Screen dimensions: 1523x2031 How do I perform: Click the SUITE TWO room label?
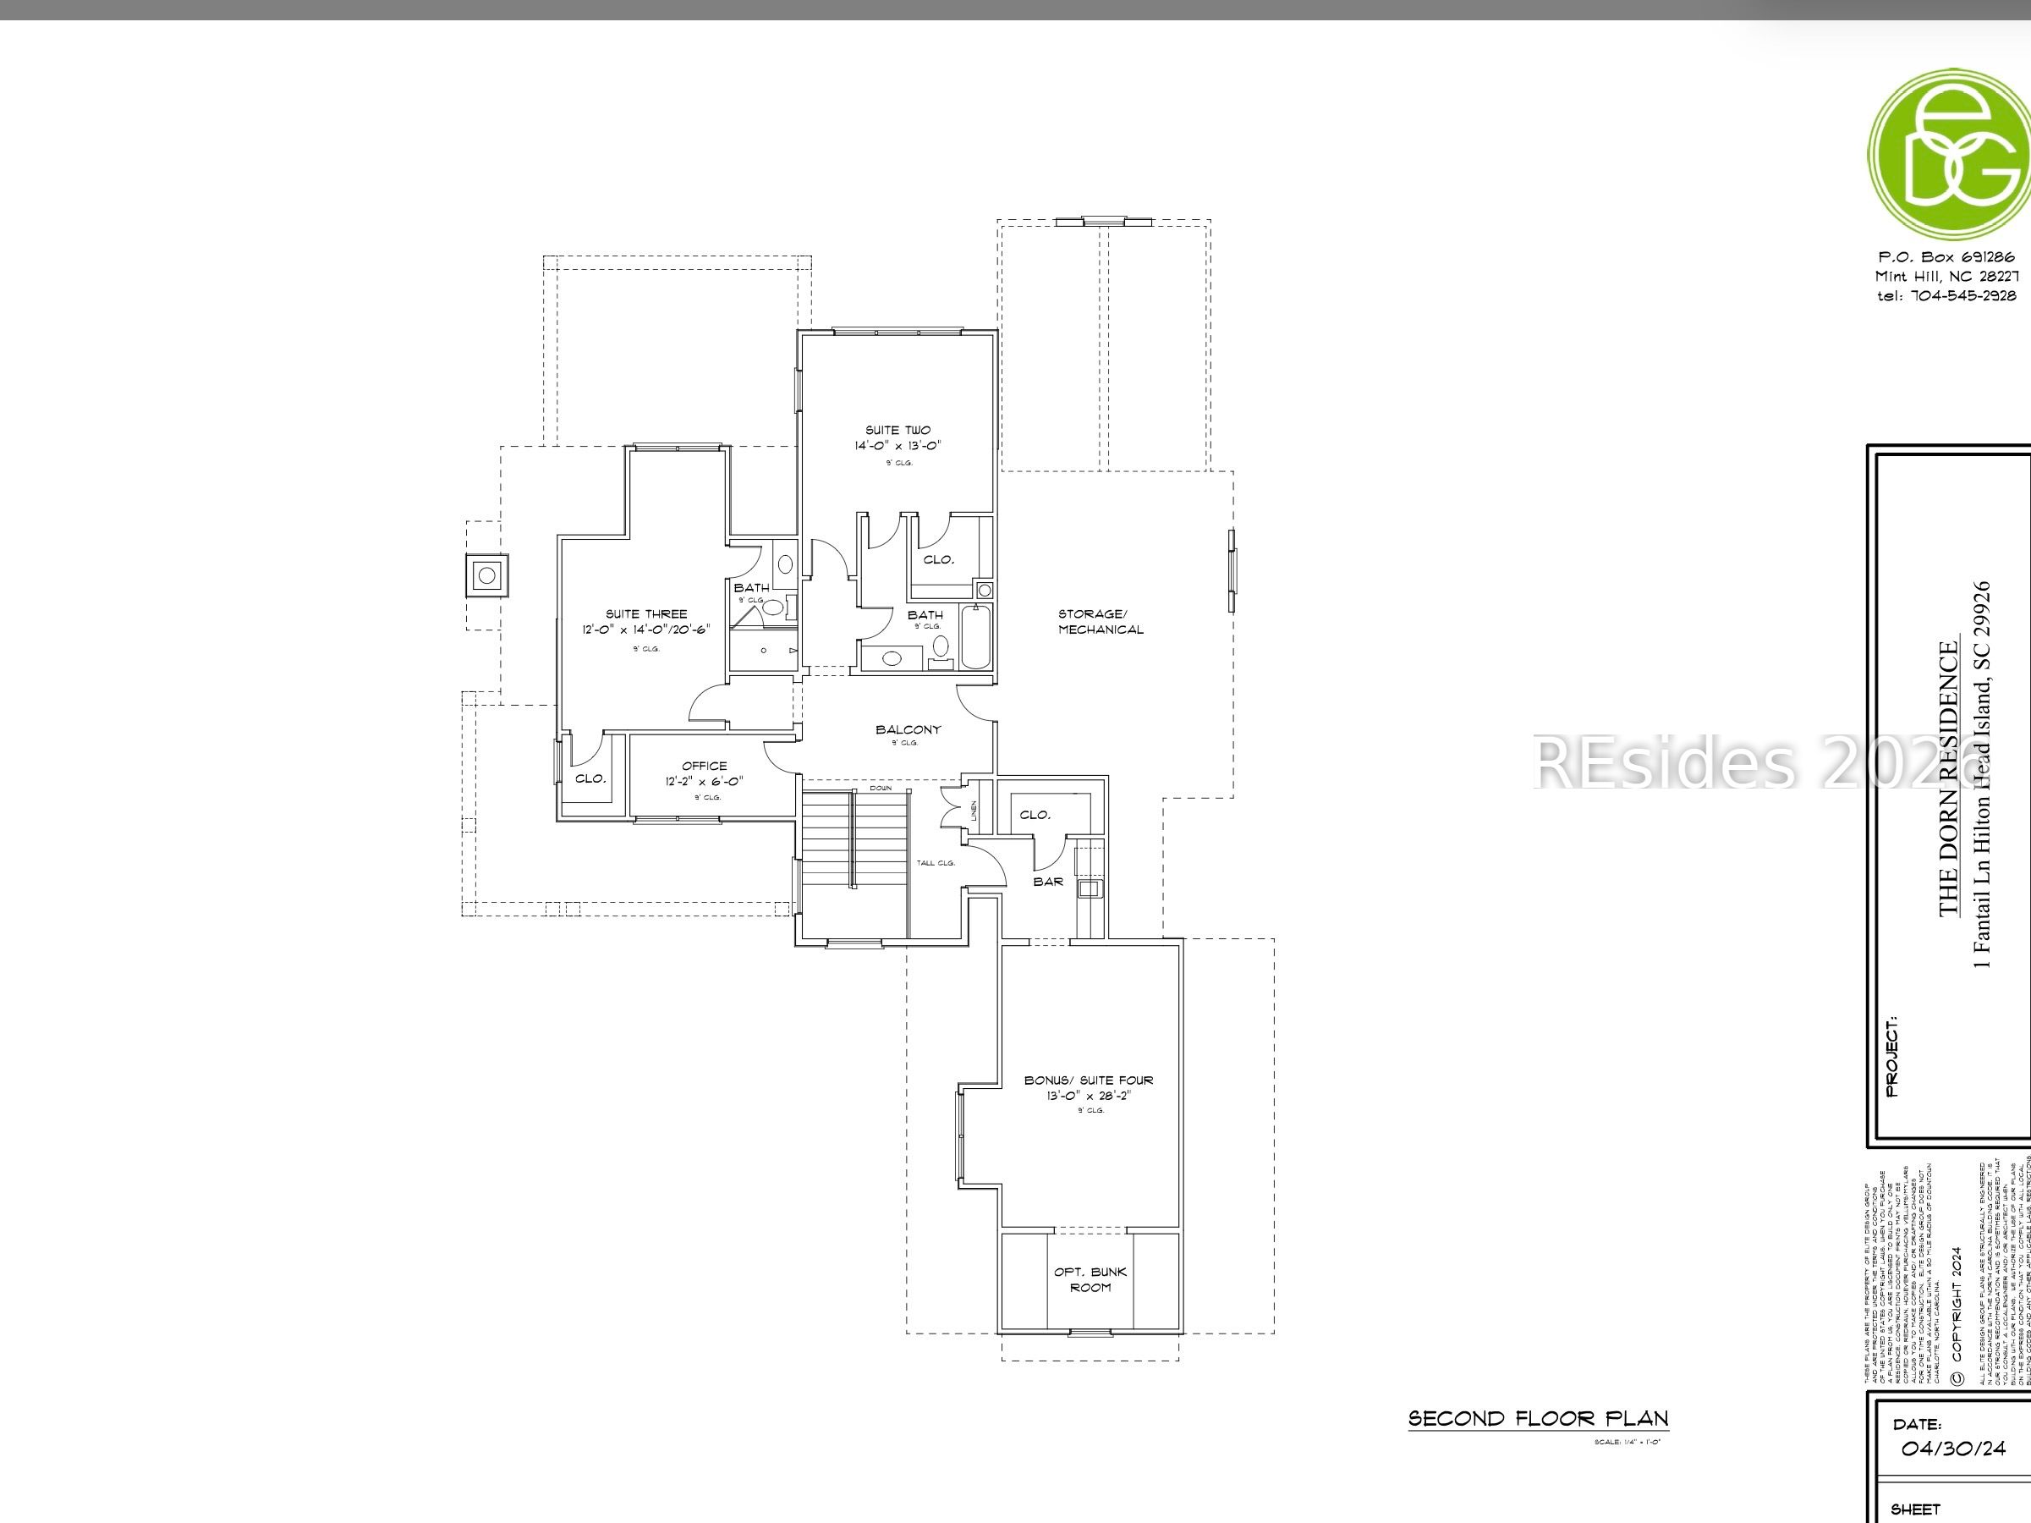click(897, 430)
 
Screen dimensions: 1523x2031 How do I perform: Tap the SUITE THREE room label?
click(645, 614)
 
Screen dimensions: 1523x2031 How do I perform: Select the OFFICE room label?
click(705, 766)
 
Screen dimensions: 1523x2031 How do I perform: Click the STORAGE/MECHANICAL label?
click(1100, 622)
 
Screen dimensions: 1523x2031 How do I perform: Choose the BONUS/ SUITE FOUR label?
click(1089, 1080)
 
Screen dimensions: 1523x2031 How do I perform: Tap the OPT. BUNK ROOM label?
click(1090, 1279)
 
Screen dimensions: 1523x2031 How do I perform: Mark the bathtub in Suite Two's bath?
click(975, 636)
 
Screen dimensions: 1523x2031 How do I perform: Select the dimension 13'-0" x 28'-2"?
click(1089, 1096)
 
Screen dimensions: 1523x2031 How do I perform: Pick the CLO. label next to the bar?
click(1035, 815)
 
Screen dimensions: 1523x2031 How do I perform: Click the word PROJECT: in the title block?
click(1891, 1056)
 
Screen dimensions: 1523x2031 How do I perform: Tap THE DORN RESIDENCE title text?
click(1948, 779)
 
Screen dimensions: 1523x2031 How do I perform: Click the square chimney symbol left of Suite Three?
click(487, 576)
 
